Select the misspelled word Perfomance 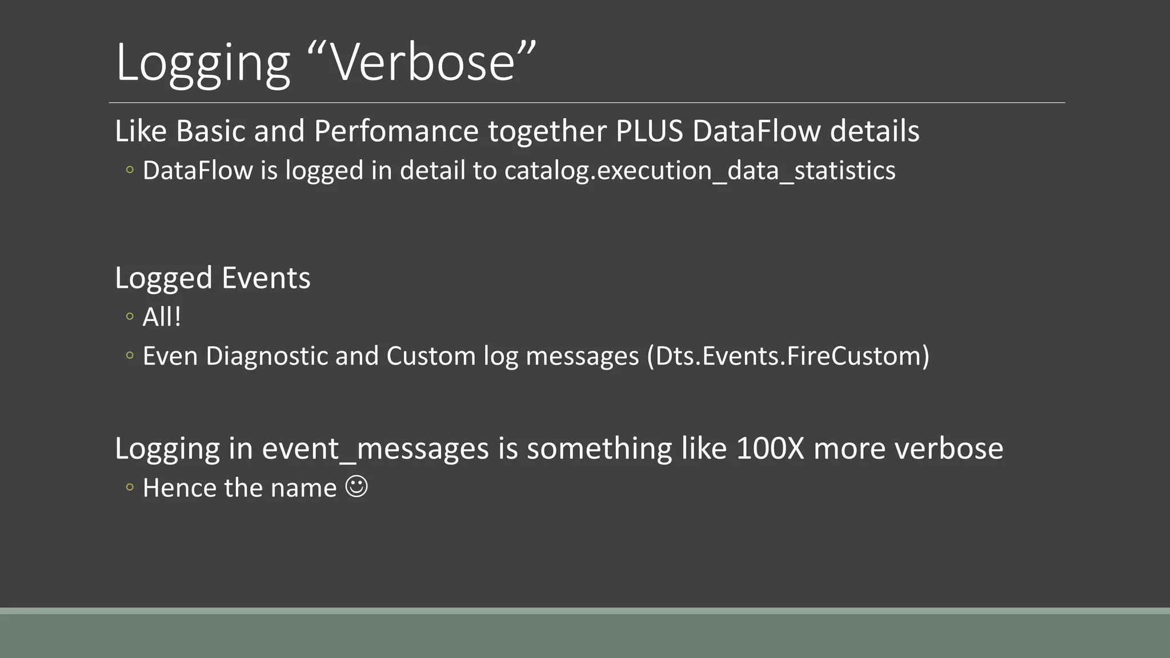396,131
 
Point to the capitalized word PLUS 649,131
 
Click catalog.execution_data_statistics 700,171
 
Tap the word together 547,132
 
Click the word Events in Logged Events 266,278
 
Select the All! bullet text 162,317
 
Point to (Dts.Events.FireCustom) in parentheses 788,356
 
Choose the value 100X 770,448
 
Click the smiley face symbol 356,487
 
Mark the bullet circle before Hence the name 130,487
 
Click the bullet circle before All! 130,316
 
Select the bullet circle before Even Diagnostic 130,355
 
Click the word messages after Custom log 582,356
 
